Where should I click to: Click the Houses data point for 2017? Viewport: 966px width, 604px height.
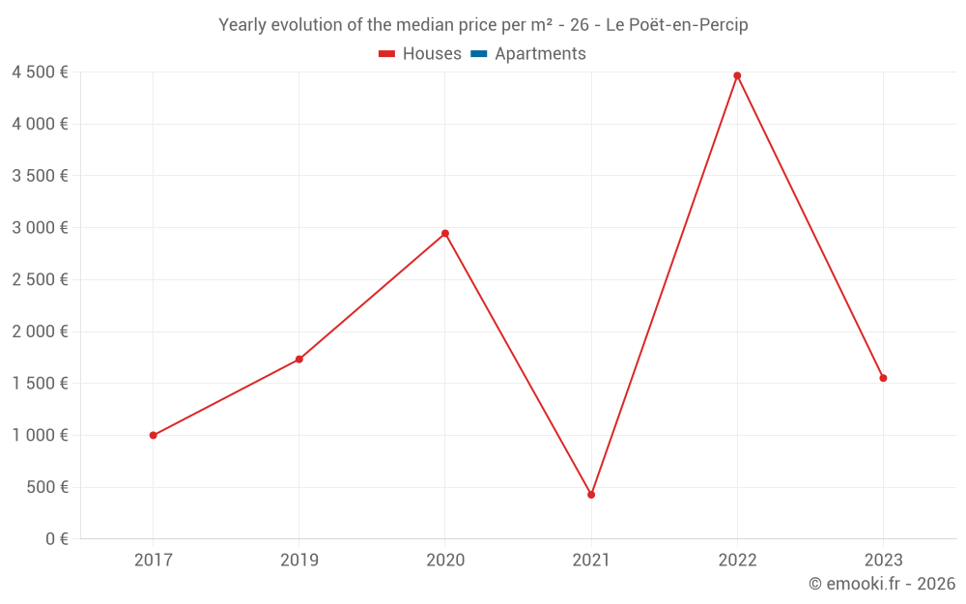pyautogui.click(x=154, y=435)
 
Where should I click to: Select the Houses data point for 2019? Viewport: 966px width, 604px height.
pyautogui.click(x=299, y=360)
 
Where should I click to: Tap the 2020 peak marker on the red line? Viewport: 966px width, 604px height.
pyautogui.click(x=445, y=233)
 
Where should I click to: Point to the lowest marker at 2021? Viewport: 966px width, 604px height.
pyautogui.click(x=591, y=495)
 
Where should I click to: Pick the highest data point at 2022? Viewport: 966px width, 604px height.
pyautogui.click(x=737, y=75)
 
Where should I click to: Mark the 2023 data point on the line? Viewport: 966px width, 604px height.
pyautogui.click(x=883, y=378)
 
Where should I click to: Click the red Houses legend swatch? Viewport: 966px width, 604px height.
pyautogui.click(x=386, y=54)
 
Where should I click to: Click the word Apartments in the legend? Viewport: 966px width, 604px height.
pyautogui.click(x=540, y=54)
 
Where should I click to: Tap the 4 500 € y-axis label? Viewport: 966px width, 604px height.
pyautogui.click(x=40, y=72)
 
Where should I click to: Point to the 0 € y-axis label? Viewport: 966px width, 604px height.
pyautogui.click(x=56, y=538)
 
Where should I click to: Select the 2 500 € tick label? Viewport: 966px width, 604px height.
pyautogui.click(x=40, y=279)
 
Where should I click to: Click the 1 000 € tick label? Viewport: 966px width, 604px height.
pyautogui.click(x=40, y=435)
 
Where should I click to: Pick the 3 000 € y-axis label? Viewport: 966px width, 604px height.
pyautogui.click(x=40, y=227)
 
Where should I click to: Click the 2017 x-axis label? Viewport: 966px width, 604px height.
pyautogui.click(x=154, y=560)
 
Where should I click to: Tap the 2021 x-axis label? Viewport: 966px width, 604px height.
pyautogui.click(x=591, y=560)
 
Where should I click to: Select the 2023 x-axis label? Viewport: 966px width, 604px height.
pyautogui.click(x=883, y=560)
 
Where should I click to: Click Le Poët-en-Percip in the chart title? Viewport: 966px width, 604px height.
pyautogui.click(x=676, y=25)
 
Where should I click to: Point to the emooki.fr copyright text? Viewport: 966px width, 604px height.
pyautogui.click(x=882, y=584)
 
